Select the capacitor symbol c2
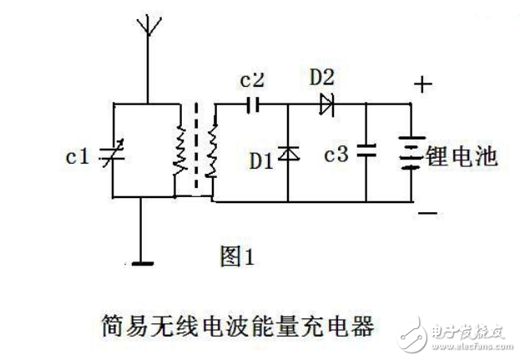click(255, 105)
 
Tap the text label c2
click(252, 82)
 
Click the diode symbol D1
click(288, 154)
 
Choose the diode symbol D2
click(326, 105)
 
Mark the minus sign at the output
click(425, 214)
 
